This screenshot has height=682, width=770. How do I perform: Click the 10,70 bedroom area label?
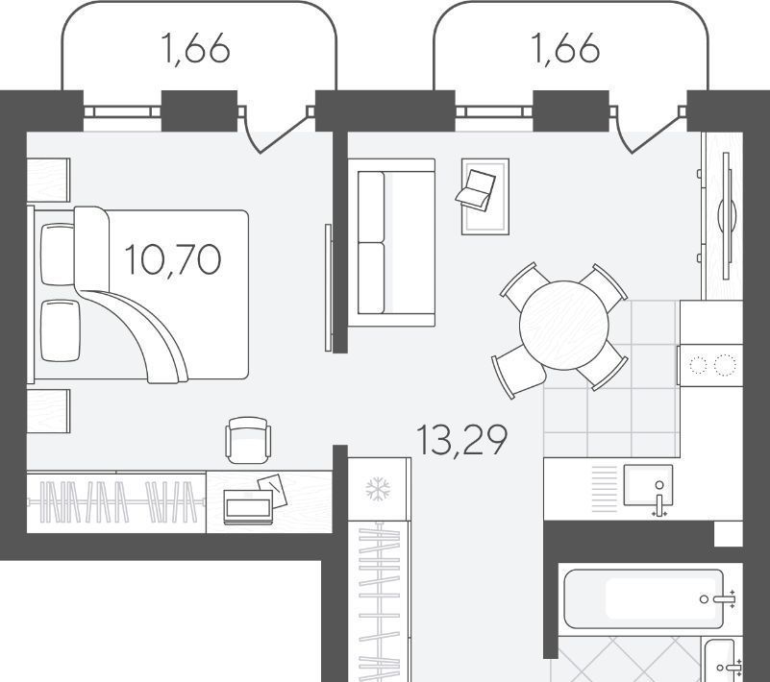tap(173, 260)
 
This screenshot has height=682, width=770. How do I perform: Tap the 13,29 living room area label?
tap(461, 440)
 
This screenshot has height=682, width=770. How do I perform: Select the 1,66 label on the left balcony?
tap(195, 49)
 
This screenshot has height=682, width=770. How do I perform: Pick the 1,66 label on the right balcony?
tap(565, 49)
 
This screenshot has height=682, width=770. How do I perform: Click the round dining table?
tap(563, 325)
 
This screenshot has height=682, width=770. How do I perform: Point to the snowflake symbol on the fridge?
tap(378, 489)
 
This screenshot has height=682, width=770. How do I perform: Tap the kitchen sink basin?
tap(648, 485)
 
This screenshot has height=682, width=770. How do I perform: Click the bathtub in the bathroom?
tap(644, 599)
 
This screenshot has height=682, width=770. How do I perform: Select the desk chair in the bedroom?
tap(248, 440)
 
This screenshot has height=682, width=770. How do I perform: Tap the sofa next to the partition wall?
tap(391, 242)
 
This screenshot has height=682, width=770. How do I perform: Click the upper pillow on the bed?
tap(58, 255)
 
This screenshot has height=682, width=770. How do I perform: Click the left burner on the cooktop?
tap(698, 365)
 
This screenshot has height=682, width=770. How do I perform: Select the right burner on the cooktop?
tap(726, 365)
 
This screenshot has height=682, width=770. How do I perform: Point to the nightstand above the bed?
tap(48, 180)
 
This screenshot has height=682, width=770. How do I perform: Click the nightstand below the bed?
tap(48, 411)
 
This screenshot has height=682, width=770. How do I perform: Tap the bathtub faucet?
tap(719, 599)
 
